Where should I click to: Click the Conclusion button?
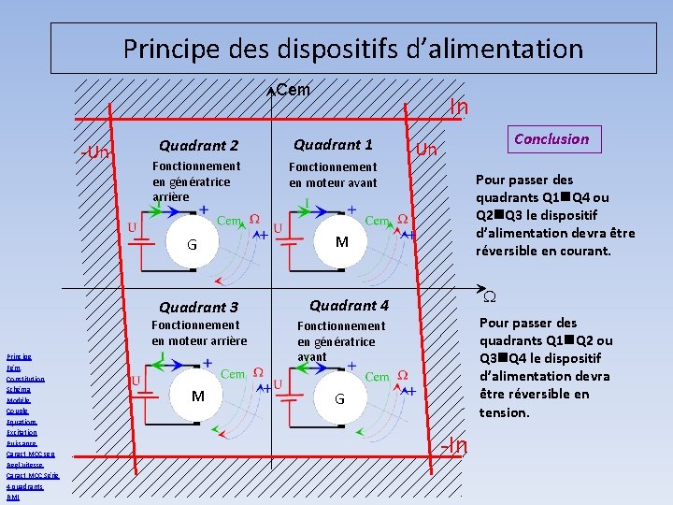point(551,139)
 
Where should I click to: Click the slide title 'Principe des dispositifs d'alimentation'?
point(352,48)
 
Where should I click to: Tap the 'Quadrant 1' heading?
point(333,144)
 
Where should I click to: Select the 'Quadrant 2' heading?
point(198,145)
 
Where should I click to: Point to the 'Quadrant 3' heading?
point(198,307)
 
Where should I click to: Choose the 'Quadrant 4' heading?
point(349,305)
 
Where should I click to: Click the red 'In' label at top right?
point(458,108)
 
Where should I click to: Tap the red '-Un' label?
point(95,152)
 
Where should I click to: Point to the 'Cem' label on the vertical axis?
point(294,90)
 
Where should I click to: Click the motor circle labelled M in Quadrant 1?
point(342,242)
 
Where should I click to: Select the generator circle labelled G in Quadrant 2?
point(191,244)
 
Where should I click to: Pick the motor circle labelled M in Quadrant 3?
point(198,396)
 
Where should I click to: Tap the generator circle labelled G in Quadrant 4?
point(340,398)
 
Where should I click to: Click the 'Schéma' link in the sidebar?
point(18,389)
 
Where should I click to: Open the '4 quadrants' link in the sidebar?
point(24,486)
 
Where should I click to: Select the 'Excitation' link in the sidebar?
point(21,433)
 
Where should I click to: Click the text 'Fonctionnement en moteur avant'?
point(333,175)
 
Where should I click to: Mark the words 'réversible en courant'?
point(543,251)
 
